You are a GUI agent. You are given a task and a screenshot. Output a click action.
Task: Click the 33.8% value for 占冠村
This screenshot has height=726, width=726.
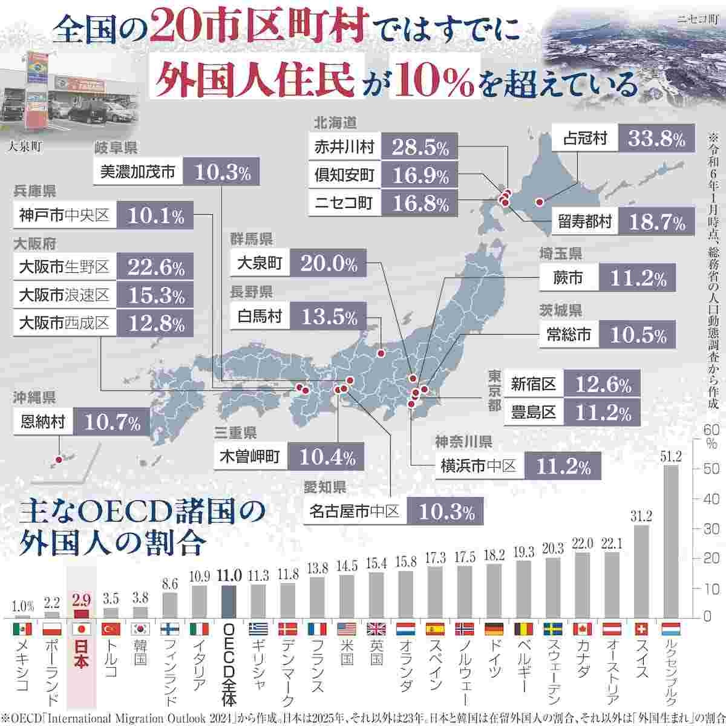(657, 140)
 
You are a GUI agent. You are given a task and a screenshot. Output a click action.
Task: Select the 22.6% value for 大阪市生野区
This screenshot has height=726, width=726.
(156, 266)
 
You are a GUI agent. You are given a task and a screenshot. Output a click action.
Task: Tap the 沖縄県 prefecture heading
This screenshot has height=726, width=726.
(34, 397)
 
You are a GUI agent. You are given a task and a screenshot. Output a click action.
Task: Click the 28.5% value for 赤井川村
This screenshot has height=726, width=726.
(420, 147)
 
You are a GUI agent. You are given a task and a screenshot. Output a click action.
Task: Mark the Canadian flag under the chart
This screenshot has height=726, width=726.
(582, 629)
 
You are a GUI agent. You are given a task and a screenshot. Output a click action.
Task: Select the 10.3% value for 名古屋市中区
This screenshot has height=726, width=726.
(446, 512)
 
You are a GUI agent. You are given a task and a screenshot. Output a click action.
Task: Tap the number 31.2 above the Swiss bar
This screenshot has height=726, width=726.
(641, 516)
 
